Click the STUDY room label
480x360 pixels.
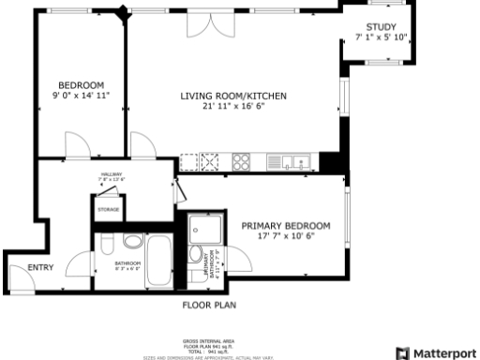click(x=382, y=26)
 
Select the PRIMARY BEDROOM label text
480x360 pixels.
click(x=286, y=226)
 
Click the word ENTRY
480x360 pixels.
click(x=40, y=268)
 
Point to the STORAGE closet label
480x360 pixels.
click(x=108, y=210)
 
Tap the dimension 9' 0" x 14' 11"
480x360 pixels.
click(x=81, y=96)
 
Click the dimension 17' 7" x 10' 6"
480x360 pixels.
click(x=286, y=237)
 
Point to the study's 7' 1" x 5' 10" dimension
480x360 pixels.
click(x=382, y=37)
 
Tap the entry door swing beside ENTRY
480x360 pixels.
click(x=19, y=275)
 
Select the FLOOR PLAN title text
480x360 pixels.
click(x=209, y=305)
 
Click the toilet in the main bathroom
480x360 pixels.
click(x=107, y=247)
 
